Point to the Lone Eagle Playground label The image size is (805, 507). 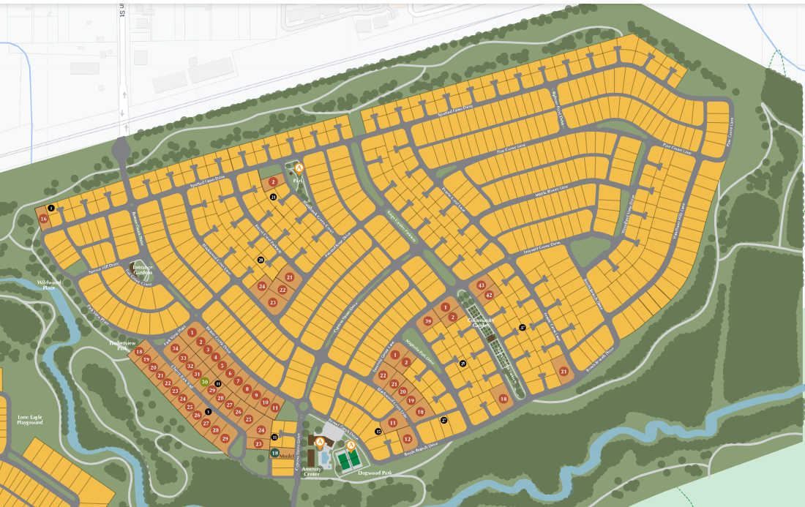(x=30, y=420)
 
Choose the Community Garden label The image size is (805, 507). (x=482, y=323)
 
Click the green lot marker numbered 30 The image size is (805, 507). (x=205, y=382)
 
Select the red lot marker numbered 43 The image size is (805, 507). (x=481, y=285)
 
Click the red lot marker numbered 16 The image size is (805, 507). (x=44, y=219)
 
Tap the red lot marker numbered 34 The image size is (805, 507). (x=176, y=348)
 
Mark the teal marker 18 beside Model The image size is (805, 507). (x=274, y=453)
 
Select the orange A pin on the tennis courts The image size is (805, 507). (x=351, y=446)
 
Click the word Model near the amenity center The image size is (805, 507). (x=287, y=454)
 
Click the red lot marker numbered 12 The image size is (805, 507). (x=407, y=439)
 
